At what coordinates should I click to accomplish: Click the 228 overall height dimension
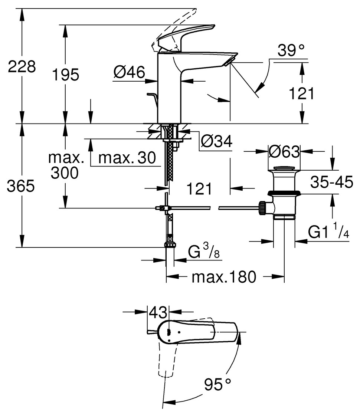pyautogui.click(x=22, y=67)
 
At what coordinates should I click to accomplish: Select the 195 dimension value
pyautogui.click(x=65, y=75)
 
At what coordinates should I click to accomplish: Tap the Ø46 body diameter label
pyautogui.click(x=130, y=72)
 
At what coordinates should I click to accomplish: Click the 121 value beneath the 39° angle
pyautogui.click(x=301, y=94)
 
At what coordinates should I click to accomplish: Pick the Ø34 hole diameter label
pyautogui.click(x=216, y=141)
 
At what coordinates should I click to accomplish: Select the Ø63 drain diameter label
pyautogui.click(x=284, y=151)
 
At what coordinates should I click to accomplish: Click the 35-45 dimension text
pyautogui.click(x=332, y=182)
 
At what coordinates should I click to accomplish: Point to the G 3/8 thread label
pyautogui.click(x=204, y=252)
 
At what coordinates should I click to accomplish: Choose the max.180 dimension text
pyautogui.click(x=224, y=277)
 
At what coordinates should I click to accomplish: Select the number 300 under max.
pyautogui.click(x=65, y=173)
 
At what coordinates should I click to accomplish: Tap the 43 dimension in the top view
pyautogui.click(x=158, y=313)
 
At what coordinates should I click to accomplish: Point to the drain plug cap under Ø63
pyautogui.click(x=284, y=170)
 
